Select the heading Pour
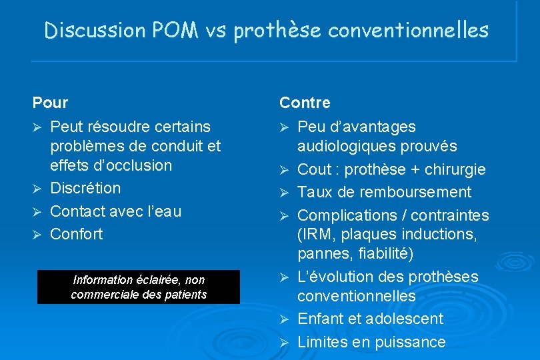click(x=50, y=103)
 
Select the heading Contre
click(x=305, y=103)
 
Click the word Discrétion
click(x=85, y=188)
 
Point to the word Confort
click(x=77, y=234)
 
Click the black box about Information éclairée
click(x=138, y=287)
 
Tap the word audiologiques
click(x=345, y=146)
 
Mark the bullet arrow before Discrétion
click(x=37, y=189)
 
